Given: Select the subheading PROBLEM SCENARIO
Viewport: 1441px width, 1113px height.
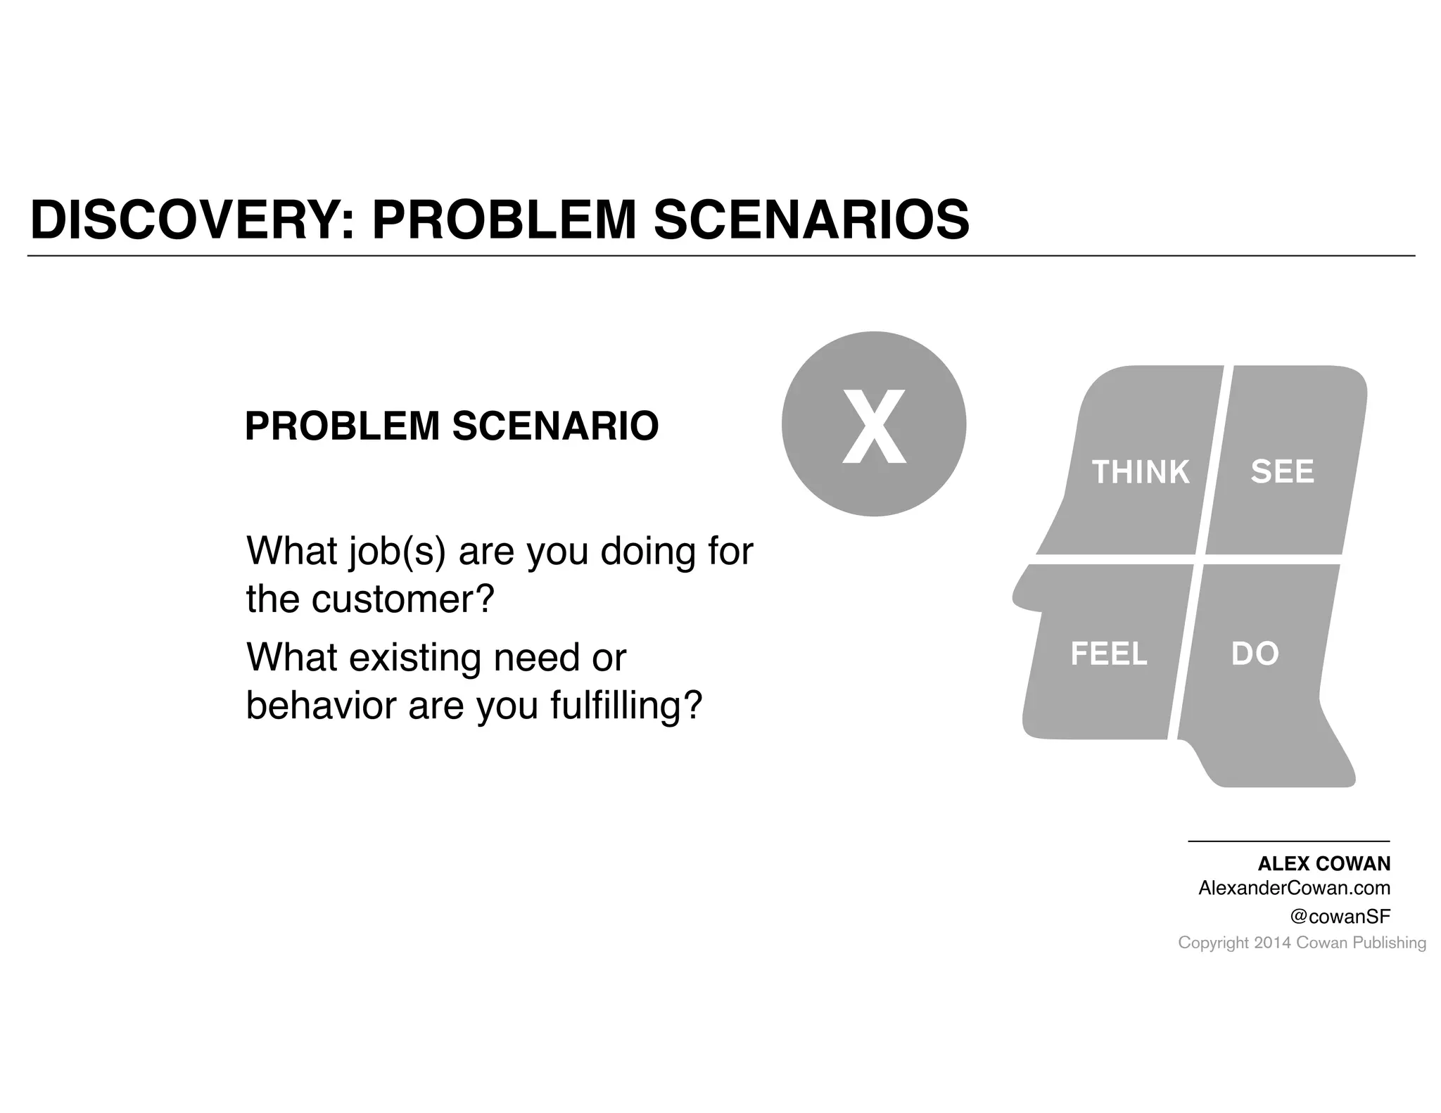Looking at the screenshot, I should coord(451,426).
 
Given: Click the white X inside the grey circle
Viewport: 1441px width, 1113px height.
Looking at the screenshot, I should coord(874,426).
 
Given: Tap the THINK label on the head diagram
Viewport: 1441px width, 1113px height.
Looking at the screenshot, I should coord(1140,472).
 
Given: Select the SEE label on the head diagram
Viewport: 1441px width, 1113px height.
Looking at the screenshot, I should coord(1282,471).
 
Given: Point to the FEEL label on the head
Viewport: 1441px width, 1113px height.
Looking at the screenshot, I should coord(1108,654).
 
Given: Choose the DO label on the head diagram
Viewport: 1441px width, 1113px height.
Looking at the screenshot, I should coord(1255,654).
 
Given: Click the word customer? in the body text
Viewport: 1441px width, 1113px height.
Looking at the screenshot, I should coord(403,599).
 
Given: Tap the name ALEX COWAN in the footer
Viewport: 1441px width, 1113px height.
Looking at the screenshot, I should coord(1323,864).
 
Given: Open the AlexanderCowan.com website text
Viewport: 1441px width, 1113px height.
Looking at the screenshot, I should coord(1294,889).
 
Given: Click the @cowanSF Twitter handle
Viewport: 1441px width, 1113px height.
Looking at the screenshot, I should coord(1340,917).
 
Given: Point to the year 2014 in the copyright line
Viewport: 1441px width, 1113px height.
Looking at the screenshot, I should coord(1272,943).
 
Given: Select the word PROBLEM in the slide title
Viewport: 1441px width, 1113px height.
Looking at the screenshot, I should coord(504,220).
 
